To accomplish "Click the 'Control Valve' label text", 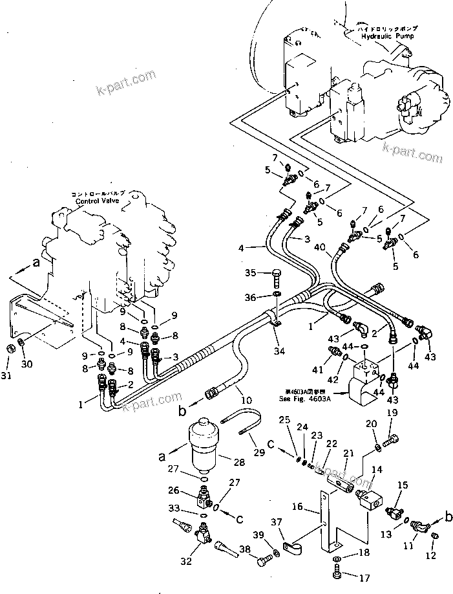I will (x=95, y=201).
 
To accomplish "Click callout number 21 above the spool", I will (x=349, y=454).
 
